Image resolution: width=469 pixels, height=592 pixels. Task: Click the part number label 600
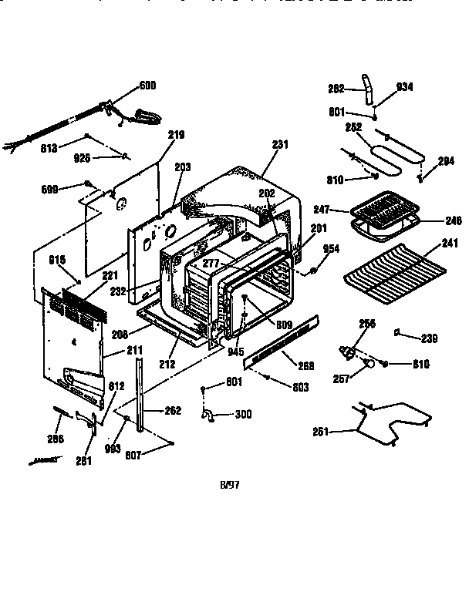click(x=147, y=85)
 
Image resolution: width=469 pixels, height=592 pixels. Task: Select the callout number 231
click(x=279, y=143)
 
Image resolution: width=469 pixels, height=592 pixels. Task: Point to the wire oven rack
click(x=393, y=270)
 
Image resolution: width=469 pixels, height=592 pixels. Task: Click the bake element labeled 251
click(x=386, y=422)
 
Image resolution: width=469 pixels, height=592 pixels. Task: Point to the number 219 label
click(x=177, y=135)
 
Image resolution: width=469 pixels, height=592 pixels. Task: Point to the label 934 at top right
click(x=405, y=87)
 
